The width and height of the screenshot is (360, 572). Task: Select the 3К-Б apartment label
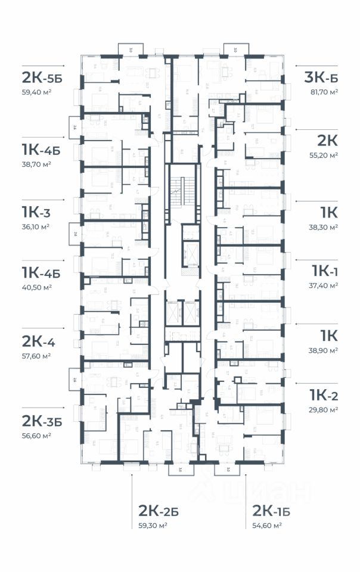pyautogui.click(x=321, y=77)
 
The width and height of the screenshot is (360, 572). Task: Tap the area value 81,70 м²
pyautogui.click(x=321, y=92)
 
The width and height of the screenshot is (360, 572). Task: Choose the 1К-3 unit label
pyautogui.click(x=37, y=212)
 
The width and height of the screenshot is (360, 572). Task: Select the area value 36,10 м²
pyautogui.click(x=36, y=226)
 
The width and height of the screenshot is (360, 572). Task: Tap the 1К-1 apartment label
pyautogui.click(x=325, y=271)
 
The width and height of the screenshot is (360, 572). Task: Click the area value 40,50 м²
pyautogui.click(x=37, y=287)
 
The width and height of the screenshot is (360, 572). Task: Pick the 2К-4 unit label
pyautogui.click(x=39, y=341)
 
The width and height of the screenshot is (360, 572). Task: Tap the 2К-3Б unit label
pyautogui.click(x=42, y=420)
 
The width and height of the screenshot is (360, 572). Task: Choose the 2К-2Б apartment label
pyautogui.click(x=159, y=511)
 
